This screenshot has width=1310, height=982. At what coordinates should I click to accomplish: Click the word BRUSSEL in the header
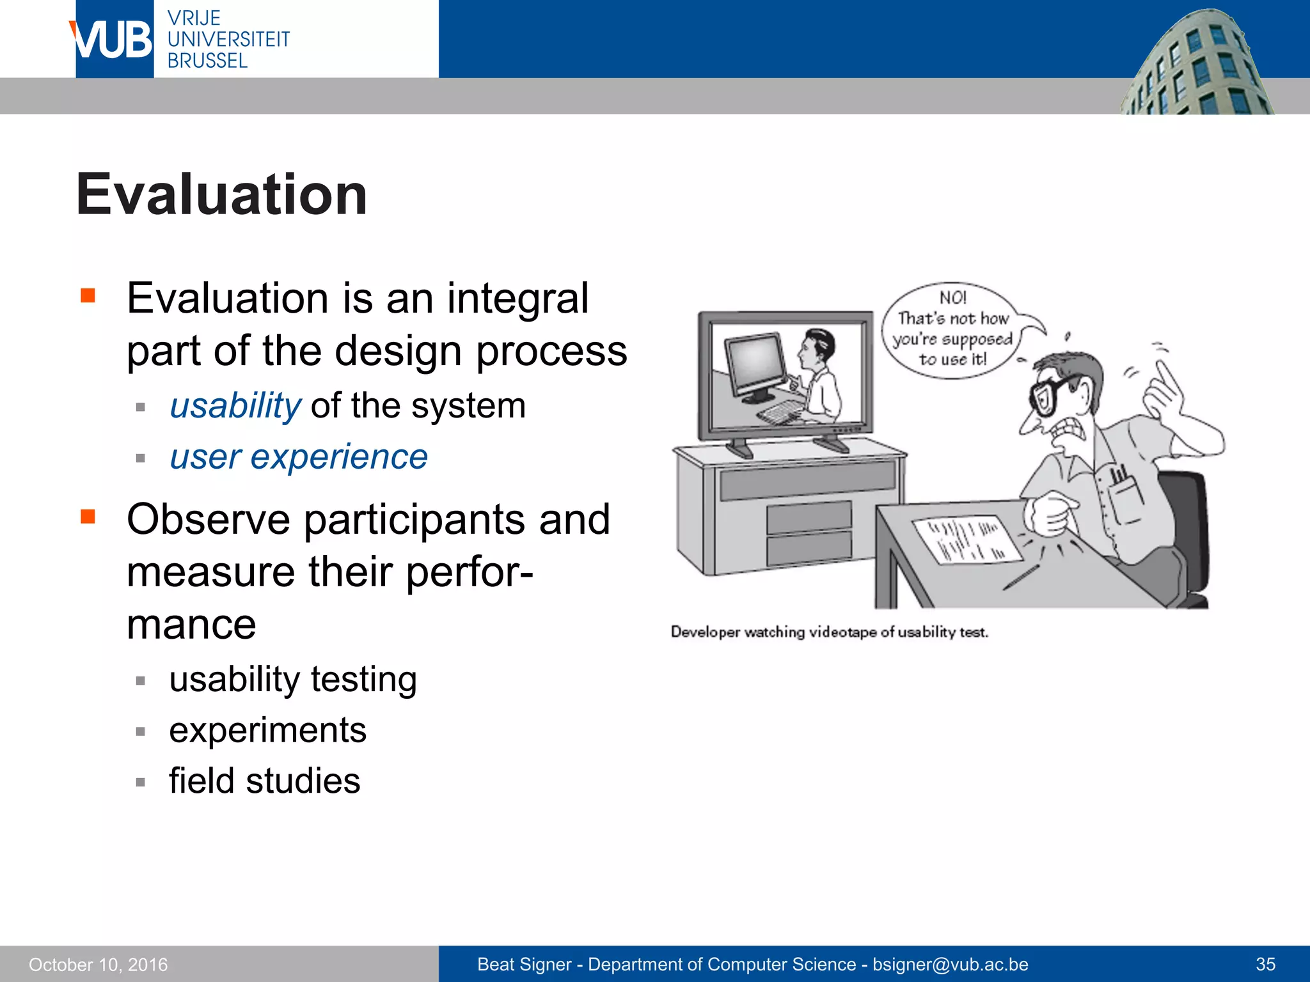[207, 61]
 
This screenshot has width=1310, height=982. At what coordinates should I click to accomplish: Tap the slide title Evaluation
[221, 194]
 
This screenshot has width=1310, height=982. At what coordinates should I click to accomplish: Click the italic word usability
[235, 406]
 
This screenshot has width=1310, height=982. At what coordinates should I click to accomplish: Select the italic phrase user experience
[299, 457]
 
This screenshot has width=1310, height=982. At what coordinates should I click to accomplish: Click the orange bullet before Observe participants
[88, 516]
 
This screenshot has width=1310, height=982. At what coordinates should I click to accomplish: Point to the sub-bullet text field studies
[264, 781]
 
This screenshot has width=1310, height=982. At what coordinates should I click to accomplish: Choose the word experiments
[267, 730]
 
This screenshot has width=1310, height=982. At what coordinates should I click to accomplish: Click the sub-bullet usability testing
[293, 679]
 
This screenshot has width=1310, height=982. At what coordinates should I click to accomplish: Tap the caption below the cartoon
[829, 632]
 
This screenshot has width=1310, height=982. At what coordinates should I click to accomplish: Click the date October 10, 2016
[98, 965]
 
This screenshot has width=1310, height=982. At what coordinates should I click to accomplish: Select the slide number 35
[1265, 964]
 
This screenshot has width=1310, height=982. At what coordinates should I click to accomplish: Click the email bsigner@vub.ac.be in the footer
[950, 964]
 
